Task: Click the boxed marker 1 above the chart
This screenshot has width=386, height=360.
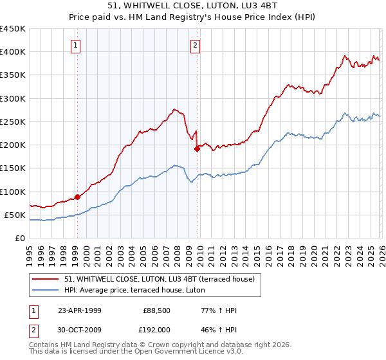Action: point(77,45)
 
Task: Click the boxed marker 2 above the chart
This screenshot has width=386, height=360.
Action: point(194,45)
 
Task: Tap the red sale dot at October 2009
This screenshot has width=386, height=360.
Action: point(197,148)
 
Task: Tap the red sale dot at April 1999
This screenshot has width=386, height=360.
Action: point(77,197)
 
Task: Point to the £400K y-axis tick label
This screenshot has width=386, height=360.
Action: point(13,52)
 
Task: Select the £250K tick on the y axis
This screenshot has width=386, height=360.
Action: point(13,122)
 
